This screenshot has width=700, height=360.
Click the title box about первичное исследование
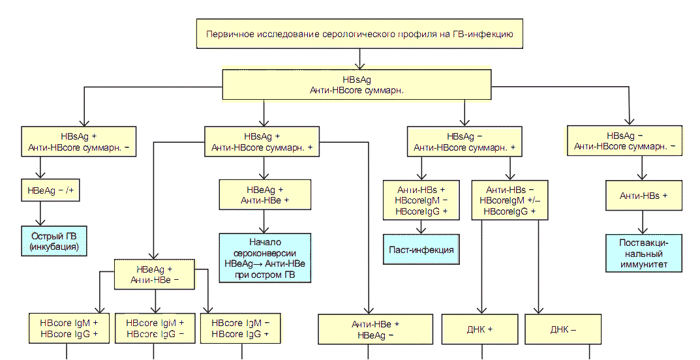pyautogui.click(x=363, y=34)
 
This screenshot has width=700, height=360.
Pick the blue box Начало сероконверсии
pyautogui.click(x=264, y=258)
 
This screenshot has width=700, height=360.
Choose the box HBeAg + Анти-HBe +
pyautogui.click(x=264, y=194)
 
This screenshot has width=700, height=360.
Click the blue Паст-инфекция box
pyautogui.click(x=421, y=250)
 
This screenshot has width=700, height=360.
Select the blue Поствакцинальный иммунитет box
pyautogui.click(x=645, y=253)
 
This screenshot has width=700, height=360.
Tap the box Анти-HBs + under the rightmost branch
pyautogui.click(x=644, y=196)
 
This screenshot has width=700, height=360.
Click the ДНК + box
pyautogui.click(x=481, y=329)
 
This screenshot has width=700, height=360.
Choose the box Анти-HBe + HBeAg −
pyautogui.click(x=375, y=329)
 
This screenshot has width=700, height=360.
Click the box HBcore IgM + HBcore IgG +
pyautogui.click(x=68, y=328)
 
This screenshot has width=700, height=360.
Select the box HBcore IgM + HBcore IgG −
pyautogui.click(x=155, y=328)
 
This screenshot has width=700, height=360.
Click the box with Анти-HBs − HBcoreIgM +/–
pyautogui.click(x=510, y=200)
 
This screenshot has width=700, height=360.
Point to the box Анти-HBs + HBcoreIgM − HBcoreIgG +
pyautogui.click(x=422, y=200)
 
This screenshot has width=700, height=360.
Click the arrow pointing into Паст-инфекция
pyautogui.click(x=422, y=228)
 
